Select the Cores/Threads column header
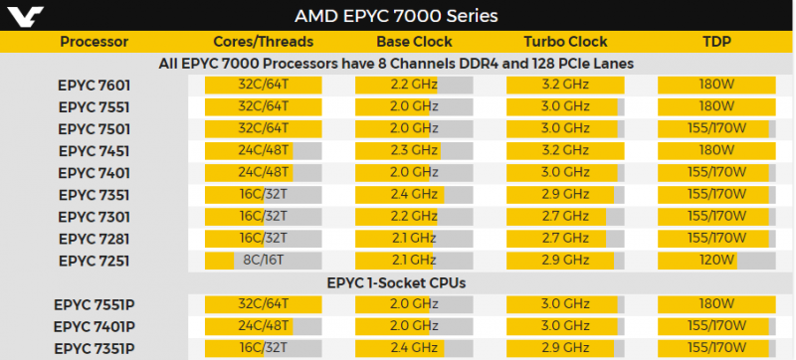pos(264,42)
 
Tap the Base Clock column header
pos(414,42)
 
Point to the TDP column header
pos(715,42)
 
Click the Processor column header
pos(94,42)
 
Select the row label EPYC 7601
pos(94,86)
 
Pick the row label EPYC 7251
pos(94,261)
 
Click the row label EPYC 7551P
pos(94,304)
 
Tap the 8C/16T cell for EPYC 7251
pos(264,261)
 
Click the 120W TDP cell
pos(715,261)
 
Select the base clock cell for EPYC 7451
pos(414,151)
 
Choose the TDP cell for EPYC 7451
pos(715,151)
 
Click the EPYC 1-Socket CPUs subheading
pos(397,282)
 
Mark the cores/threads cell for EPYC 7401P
pos(264,326)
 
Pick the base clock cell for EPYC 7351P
pos(414,348)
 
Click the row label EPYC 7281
pos(94,239)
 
